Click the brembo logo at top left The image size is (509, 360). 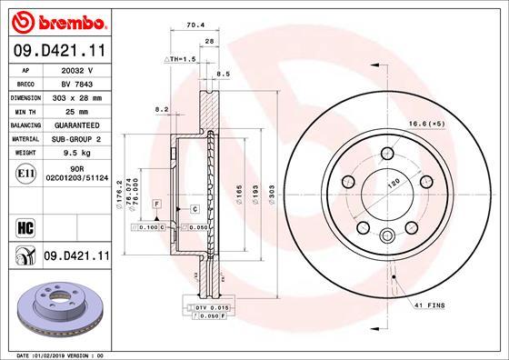[57, 20]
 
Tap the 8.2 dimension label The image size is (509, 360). [163, 109]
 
